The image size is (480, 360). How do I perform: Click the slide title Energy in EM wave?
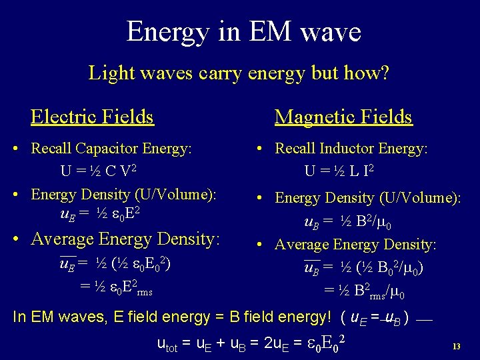coord(243,31)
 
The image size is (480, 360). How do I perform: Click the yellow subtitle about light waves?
coord(239,73)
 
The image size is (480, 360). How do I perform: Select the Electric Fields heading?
coord(92,117)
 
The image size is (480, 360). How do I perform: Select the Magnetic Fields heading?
coord(343,117)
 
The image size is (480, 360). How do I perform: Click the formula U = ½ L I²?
coord(339,171)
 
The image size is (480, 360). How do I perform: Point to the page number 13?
coord(456,347)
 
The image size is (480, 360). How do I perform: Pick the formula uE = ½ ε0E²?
coord(99,215)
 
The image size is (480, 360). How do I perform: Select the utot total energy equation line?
coord(250,343)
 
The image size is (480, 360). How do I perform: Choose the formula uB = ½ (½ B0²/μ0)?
coord(363,268)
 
